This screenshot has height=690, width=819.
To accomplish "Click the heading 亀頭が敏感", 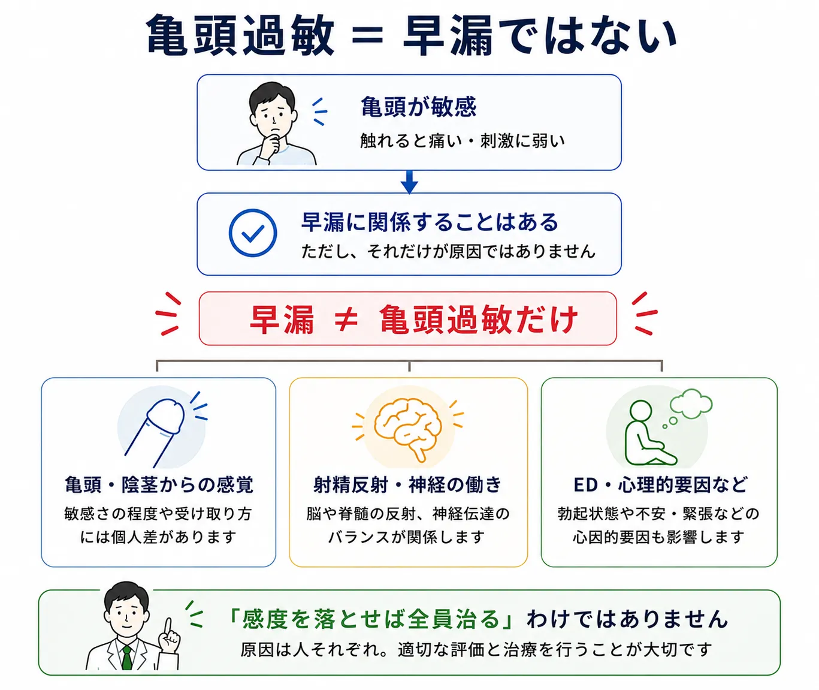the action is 418,106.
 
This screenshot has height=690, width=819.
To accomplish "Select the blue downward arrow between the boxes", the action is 409,182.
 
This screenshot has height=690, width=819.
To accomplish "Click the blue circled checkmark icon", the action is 253,233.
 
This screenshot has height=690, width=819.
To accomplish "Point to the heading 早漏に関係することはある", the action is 430,222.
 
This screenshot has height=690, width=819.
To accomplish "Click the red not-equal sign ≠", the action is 346,318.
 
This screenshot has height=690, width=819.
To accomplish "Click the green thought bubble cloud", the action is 691,403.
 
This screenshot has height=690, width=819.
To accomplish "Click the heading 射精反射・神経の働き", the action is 407,485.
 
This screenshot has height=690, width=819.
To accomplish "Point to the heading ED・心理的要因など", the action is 661,485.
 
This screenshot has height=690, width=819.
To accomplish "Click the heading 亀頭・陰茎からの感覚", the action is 159,485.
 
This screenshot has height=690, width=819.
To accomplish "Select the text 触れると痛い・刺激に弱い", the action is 463,140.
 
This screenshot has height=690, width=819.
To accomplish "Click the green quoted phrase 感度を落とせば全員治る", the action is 370,619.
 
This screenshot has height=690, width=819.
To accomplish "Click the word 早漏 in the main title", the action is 448,36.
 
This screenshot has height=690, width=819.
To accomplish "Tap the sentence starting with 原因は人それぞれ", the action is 476,650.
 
